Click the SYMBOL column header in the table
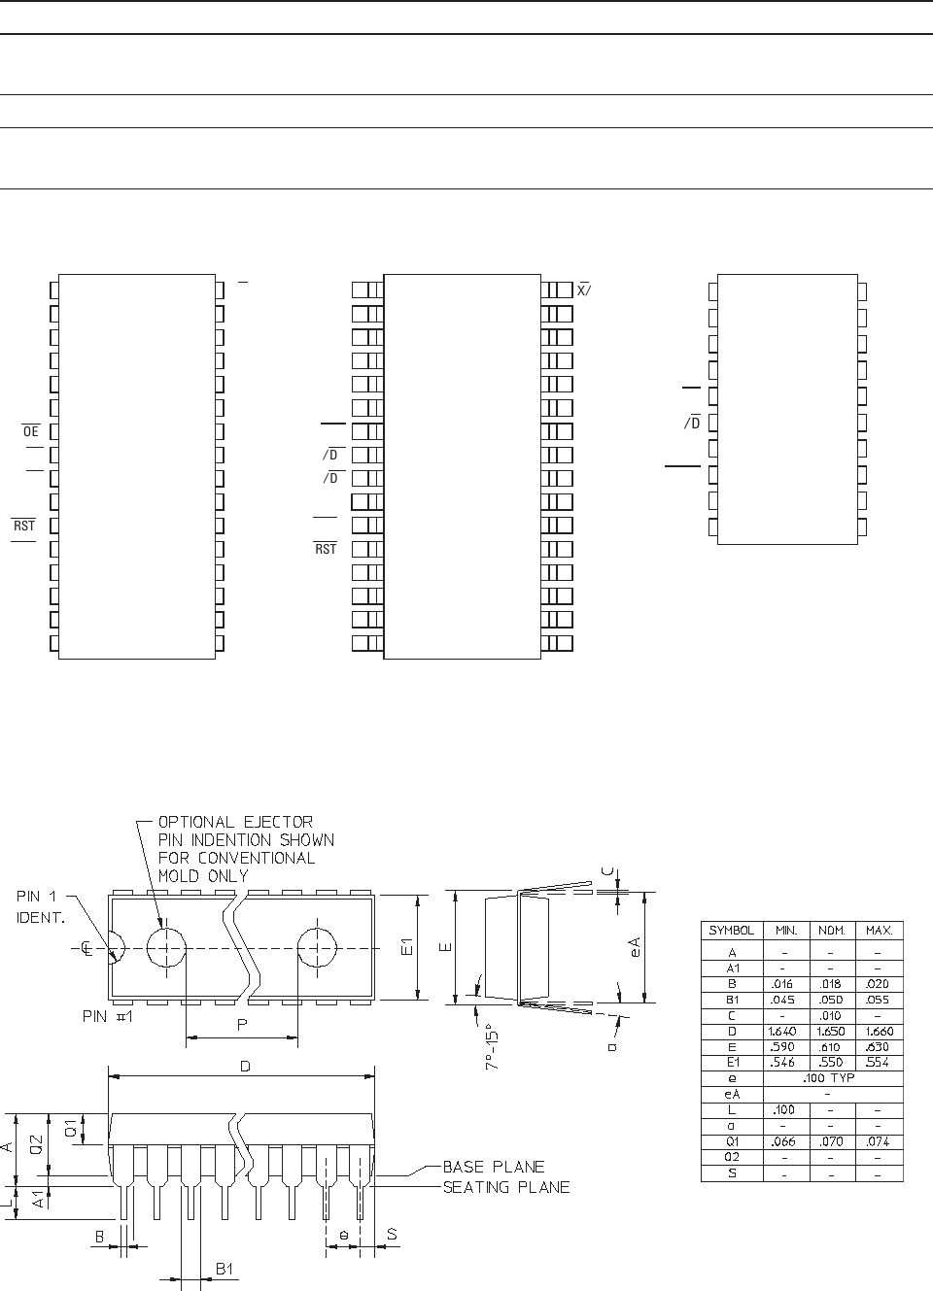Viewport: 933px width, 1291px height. [x=731, y=930]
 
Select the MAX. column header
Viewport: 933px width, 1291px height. [x=879, y=930]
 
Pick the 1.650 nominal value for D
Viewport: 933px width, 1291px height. [x=831, y=1032]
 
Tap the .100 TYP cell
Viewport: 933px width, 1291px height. [x=831, y=1078]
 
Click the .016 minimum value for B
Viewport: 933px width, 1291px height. [x=782, y=984]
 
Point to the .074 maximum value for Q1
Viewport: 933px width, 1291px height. [x=879, y=1141]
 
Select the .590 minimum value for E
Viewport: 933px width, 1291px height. [x=782, y=1047]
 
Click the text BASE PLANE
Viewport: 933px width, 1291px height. [x=493, y=1167]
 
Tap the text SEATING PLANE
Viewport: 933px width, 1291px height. [x=505, y=1187]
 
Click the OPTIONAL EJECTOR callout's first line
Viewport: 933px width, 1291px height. [x=235, y=822]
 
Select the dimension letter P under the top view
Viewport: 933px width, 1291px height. [x=240, y=1025]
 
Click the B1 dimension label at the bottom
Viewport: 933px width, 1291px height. [x=225, y=1269]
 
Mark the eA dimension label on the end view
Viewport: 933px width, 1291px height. [x=635, y=947]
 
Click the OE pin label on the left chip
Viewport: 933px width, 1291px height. [x=31, y=431]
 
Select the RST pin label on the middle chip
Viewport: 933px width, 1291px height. [x=326, y=549]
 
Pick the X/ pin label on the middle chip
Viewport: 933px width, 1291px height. [x=584, y=290]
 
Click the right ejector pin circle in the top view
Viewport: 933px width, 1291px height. [x=317, y=947]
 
